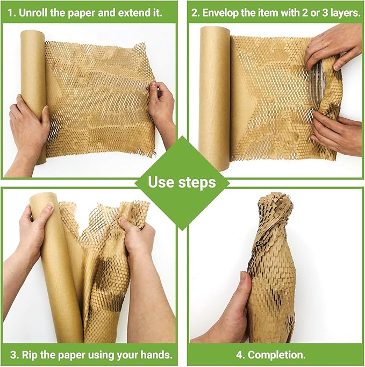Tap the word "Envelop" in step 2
click(x=223, y=12)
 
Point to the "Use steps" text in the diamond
click(x=182, y=182)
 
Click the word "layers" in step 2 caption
click(x=342, y=12)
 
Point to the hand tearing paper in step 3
click(x=137, y=236)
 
